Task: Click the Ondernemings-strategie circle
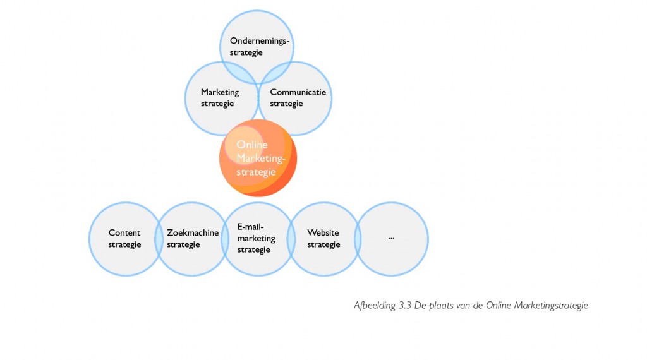pyautogui.click(x=257, y=47)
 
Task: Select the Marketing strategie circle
pyautogui.click(x=222, y=99)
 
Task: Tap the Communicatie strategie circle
pyautogui.click(x=294, y=99)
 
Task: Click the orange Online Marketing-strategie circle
pyautogui.click(x=258, y=158)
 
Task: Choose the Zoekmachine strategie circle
pyautogui.click(x=192, y=239)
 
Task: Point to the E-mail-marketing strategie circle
pyautogui.click(x=258, y=239)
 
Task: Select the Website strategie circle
pyautogui.click(x=324, y=239)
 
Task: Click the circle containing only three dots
pyautogui.click(x=391, y=239)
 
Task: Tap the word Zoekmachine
pyautogui.click(x=193, y=232)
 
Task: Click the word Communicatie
pyautogui.click(x=298, y=92)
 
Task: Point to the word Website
pyautogui.click(x=323, y=232)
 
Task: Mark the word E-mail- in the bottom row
pyautogui.click(x=250, y=227)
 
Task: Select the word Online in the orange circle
pyautogui.click(x=252, y=145)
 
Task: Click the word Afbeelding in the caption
pyautogui.click(x=375, y=306)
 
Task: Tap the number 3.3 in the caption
pyautogui.click(x=405, y=306)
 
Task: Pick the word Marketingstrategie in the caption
pyautogui.click(x=551, y=306)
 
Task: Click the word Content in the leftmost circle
pyautogui.click(x=124, y=232)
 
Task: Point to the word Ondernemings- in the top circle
pyautogui.click(x=260, y=41)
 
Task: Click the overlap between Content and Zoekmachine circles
pyautogui.click(x=159, y=239)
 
